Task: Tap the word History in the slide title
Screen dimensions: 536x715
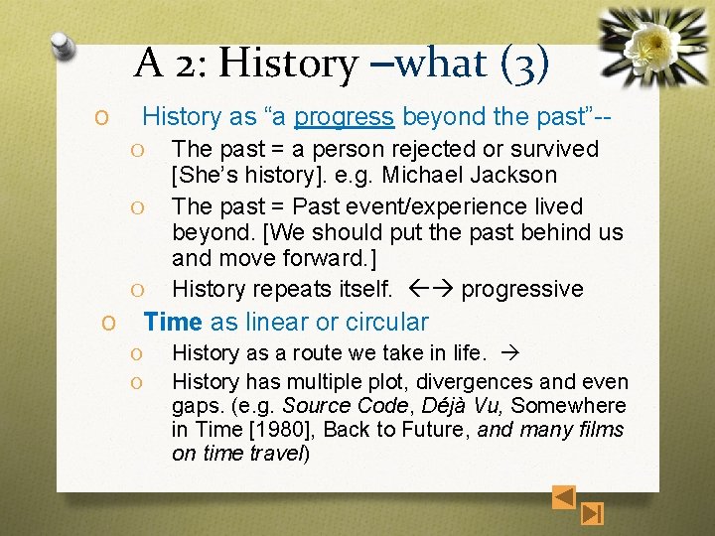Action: point(288,64)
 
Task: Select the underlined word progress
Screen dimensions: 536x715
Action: point(344,117)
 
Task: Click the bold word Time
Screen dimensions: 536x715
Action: point(173,323)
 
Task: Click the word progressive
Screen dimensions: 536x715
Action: point(522,290)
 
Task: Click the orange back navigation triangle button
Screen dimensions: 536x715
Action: point(563,495)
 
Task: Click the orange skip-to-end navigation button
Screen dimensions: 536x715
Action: point(593,513)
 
